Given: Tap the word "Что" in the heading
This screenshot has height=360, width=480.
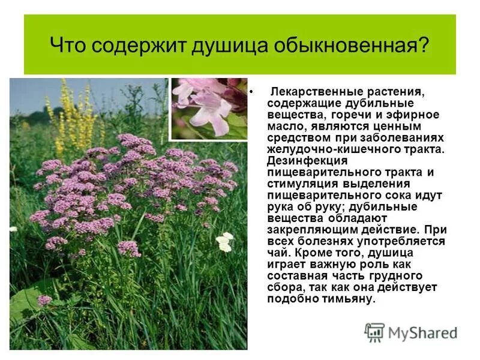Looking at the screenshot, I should point(65,45).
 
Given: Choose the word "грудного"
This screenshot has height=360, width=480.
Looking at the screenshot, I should point(400,276).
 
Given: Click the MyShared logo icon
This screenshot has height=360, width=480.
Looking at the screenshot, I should point(374,332).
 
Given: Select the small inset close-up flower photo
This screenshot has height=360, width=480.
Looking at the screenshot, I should point(209,109).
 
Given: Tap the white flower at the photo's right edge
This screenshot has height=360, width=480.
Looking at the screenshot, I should point(224,242).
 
